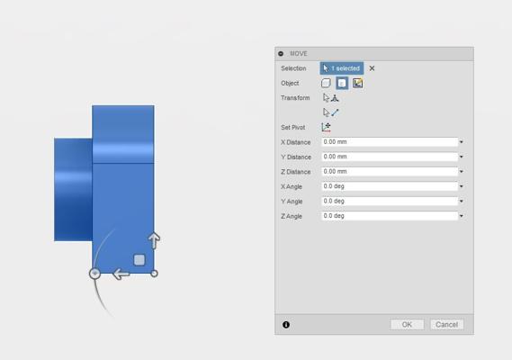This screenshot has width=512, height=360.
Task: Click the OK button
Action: coord(407,324)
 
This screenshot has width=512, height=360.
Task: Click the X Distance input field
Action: coord(390,142)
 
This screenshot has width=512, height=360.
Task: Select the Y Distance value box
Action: coord(390,157)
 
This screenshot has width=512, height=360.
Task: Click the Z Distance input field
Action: coord(390,172)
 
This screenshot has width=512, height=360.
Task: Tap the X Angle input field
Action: coord(390,186)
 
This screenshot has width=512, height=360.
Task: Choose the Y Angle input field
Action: coord(390,202)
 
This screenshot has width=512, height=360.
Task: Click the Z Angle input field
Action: coord(390,216)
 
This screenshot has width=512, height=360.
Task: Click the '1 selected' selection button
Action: coord(342,68)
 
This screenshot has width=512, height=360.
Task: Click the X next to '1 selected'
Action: coord(372,68)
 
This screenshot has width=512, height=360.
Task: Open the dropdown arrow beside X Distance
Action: coord(462,142)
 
